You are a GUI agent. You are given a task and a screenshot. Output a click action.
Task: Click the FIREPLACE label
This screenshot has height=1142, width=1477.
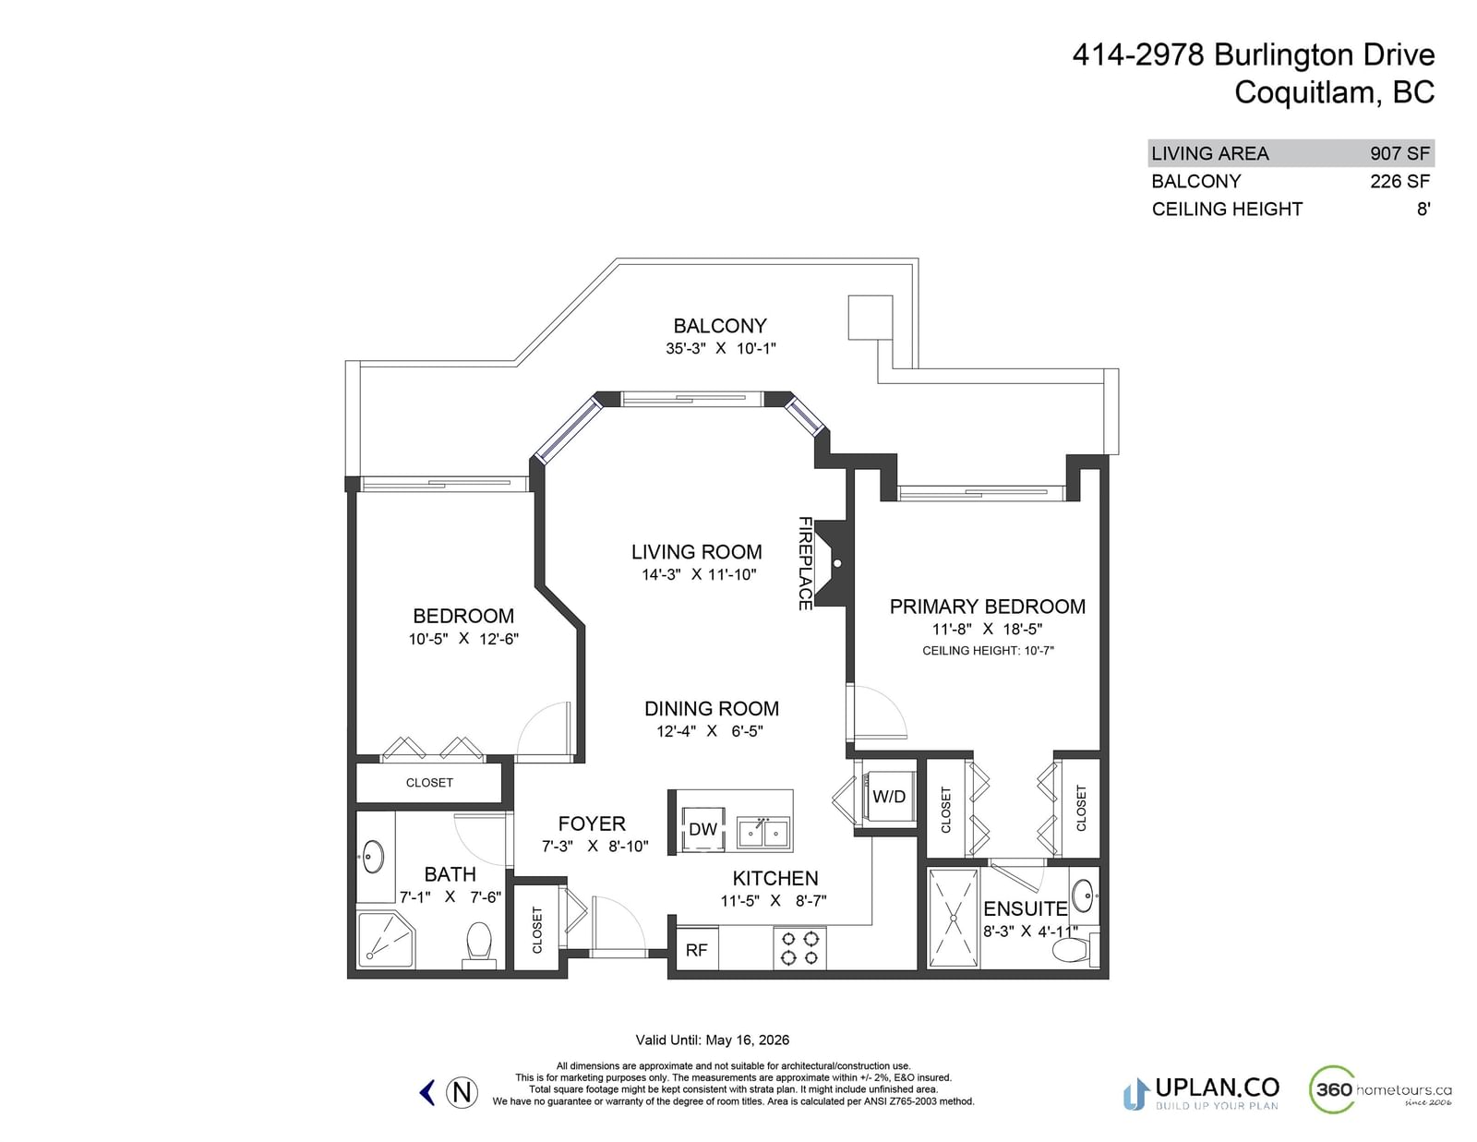tap(804, 563)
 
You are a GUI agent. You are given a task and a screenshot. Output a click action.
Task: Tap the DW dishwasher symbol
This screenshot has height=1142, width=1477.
tap(702, 829)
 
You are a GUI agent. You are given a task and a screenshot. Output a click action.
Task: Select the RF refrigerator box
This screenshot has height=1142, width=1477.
tap(697, 949)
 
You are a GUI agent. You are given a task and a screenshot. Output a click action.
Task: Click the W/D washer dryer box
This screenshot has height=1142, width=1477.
tap(889, 796)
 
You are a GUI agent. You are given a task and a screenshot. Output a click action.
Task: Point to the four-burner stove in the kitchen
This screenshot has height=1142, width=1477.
tap(799, 948)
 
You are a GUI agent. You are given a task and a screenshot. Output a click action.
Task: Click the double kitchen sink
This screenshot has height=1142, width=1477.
tap(764, 833)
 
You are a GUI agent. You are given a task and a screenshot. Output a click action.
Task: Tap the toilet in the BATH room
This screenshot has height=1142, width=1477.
tap(479, 944)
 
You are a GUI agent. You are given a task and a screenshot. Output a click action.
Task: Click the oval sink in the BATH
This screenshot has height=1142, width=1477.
tap(373, 857)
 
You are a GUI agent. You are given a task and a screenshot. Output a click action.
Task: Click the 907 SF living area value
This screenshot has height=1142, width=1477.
tap(1399, 153)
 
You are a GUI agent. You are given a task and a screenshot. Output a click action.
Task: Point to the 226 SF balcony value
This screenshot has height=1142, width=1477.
tap(1399, 182)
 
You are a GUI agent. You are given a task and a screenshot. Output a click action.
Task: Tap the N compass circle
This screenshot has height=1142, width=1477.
tap(462, 1092)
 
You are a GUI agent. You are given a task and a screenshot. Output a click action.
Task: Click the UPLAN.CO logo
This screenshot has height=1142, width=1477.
tap(1200, 1093)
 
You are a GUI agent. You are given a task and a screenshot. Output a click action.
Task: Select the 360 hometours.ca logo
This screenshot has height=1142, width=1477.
tap(1380, 1089)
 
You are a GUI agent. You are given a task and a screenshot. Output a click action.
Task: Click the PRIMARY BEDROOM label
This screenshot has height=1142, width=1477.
tap(987, 607)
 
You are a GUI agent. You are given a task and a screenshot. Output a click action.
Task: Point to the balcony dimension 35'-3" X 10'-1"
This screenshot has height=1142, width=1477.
tap(720, 348)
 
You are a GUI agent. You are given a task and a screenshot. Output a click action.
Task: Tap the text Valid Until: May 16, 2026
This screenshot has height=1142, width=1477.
tap(713, 1040)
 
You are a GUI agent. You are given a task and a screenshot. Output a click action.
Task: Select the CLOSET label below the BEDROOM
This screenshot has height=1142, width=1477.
tap(429, 783)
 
